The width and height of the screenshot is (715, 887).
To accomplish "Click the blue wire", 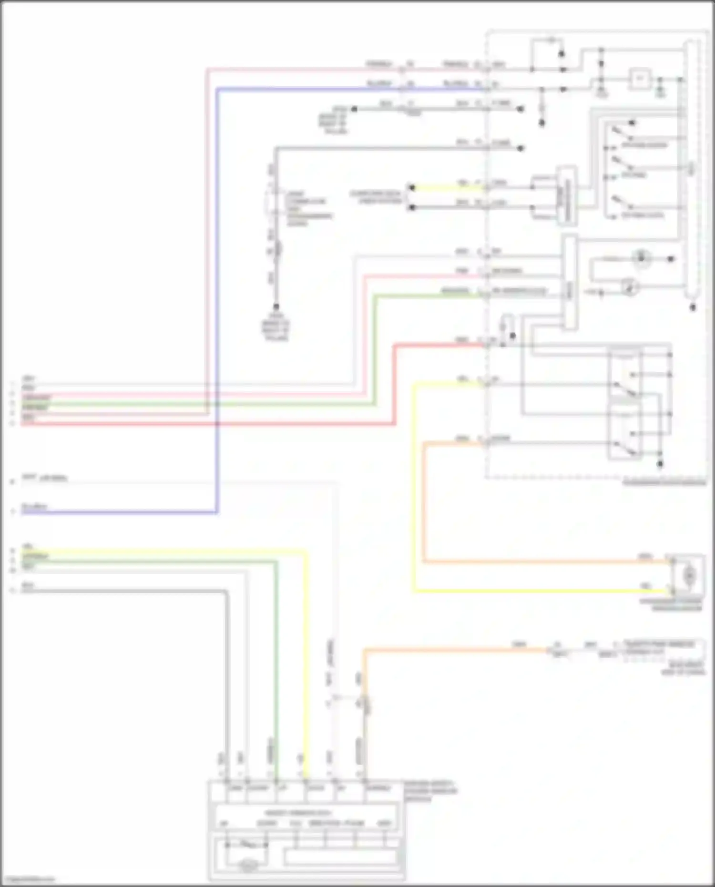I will coord(217,286).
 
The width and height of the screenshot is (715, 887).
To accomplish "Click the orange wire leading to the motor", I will coord(524,562).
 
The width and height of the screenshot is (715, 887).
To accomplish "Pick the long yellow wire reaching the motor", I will coord(524,591).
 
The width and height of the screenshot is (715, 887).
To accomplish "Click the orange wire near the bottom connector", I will coord(453,649).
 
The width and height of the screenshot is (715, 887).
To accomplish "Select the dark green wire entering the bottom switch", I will coord(276,667).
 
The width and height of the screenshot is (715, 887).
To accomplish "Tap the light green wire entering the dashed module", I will coord(429,296).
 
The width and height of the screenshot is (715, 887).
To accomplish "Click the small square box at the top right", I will coord(640,79).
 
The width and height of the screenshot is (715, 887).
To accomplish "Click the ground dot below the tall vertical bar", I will coord(693,308).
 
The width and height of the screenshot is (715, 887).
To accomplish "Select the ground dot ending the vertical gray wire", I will coord(276,307).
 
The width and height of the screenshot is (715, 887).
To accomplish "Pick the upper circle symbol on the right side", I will coord(642,259).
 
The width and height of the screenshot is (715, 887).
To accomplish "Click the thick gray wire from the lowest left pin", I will coord(227,667).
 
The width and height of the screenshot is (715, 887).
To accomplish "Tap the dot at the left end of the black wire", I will coord(354,109).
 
